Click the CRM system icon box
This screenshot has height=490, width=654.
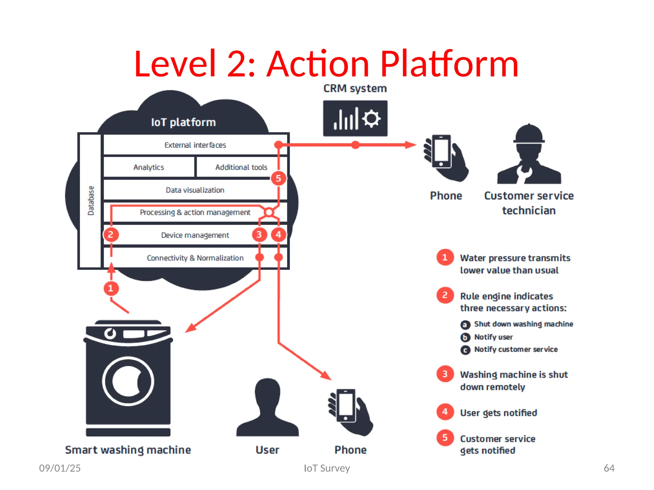(355, 118)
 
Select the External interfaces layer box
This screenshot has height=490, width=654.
(195, 145)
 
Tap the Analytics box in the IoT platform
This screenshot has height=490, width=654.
(148, 167)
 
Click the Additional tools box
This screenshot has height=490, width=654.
(241, 167)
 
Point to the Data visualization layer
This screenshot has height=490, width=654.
(195, 190)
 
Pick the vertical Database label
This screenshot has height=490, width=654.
(91, 201)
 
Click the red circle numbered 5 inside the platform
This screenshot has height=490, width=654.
(278, 178)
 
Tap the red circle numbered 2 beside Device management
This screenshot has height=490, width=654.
(111, 235)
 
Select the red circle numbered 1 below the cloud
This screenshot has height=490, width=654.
(111, 288)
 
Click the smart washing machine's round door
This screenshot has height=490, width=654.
(128, 381)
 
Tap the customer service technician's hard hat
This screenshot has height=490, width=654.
(529, 134)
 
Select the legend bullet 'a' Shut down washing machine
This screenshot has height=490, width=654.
(465, 325)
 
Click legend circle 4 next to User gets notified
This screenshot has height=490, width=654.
(445, 412)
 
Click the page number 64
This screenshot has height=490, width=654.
(609, 468)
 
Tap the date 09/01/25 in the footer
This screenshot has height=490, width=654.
(60, 468)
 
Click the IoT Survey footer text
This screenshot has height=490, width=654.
(327, 468)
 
